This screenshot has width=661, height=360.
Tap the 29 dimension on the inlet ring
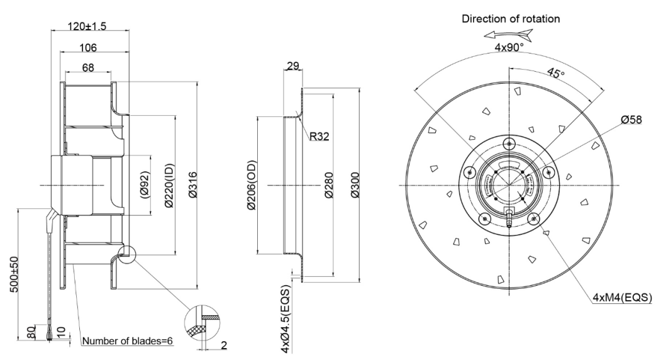tap(291, 66)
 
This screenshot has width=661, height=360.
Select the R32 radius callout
tap(320, 135)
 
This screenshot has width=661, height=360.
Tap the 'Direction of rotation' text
tap(510, 19)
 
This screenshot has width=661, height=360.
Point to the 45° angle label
tap(557, 74)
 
